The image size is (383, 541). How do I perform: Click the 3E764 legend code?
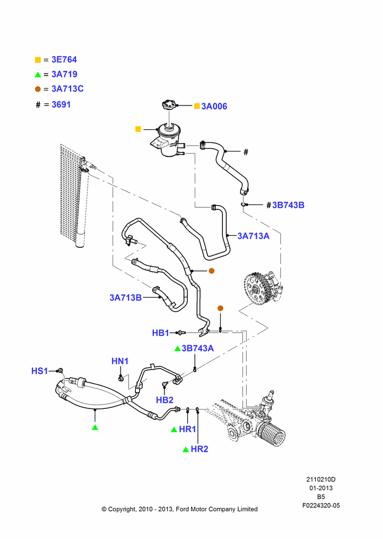click(64, 60)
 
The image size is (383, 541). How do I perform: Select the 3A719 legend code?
click(64, 74)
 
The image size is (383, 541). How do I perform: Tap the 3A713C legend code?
click(68, 89)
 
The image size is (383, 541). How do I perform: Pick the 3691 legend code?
click(61, 104)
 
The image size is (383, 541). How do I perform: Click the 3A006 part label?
click(214, 106)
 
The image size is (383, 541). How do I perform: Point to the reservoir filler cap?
click(169, 104)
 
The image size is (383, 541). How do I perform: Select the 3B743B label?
click(288, 205)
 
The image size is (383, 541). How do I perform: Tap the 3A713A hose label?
click(254, 236)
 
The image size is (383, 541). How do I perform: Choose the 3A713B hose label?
click(126, 298)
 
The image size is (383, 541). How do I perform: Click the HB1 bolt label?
click(161, 333)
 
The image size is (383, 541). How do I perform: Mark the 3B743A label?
click(197, 348)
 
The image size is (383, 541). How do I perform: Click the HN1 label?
click(120, 361)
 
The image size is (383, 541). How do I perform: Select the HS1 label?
click(39, 371)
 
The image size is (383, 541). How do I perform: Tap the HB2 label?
click(164, 400)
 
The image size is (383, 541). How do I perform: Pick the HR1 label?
click(187, 429)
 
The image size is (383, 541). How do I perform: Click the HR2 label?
click(200, 449)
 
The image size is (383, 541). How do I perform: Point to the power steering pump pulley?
click(255, 289)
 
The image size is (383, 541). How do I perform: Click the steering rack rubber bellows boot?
click(272, 434)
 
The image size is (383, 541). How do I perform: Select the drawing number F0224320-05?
click(321, 505)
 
